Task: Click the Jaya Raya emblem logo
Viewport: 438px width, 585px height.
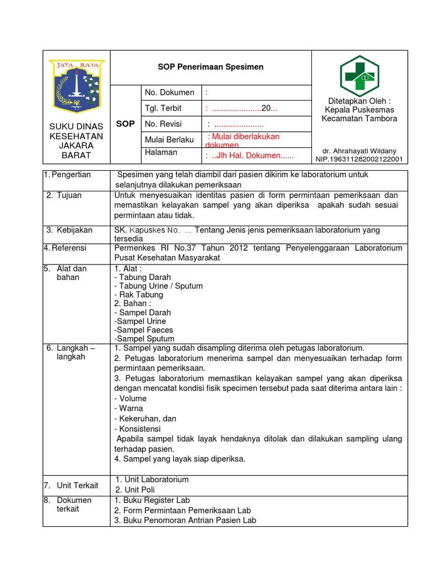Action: tap(76, 85)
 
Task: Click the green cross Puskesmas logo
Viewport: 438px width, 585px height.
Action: tap(359, 75)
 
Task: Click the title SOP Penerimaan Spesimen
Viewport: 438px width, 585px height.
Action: tap(210, 67)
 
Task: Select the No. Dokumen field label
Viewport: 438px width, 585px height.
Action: tap(169, 93)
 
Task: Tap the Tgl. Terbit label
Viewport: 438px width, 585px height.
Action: tap(163, 109)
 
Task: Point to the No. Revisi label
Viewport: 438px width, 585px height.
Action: tap(164, 124)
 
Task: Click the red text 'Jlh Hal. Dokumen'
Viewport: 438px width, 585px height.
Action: tap(249, 156)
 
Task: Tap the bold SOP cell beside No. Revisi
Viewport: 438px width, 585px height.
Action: tap(125, 124)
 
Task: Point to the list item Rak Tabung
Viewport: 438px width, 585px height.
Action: tap(139, 295)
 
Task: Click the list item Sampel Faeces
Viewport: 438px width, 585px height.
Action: tap(143, 330)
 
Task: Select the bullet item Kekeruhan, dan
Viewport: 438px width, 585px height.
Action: tap(145, 419)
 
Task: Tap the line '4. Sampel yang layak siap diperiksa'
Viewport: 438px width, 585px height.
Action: tap(179, 459)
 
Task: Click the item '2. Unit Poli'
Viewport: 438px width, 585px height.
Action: tap(135, 490)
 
